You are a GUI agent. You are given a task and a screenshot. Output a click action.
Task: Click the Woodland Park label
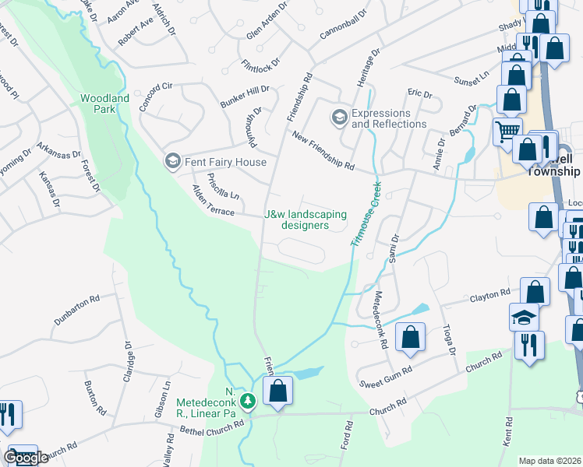(104, 104)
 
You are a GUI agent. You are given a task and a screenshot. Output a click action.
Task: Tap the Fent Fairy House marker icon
(171, 162)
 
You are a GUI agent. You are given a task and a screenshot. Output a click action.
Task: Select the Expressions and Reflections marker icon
(339, 118)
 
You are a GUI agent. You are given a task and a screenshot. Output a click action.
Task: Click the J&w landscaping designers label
(306, 219)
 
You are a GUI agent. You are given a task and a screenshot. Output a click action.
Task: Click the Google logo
(26, 458)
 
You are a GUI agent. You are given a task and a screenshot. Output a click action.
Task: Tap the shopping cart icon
(507, 132)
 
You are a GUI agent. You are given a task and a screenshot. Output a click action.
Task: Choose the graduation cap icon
(525, 317)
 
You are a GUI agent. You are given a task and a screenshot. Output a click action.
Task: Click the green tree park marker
(248, 402)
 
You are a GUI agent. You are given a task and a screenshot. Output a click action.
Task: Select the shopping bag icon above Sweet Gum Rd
(410, 338)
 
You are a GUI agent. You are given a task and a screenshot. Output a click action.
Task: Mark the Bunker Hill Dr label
(244, 97)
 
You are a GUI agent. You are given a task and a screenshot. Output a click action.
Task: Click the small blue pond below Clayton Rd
(419, 309)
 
